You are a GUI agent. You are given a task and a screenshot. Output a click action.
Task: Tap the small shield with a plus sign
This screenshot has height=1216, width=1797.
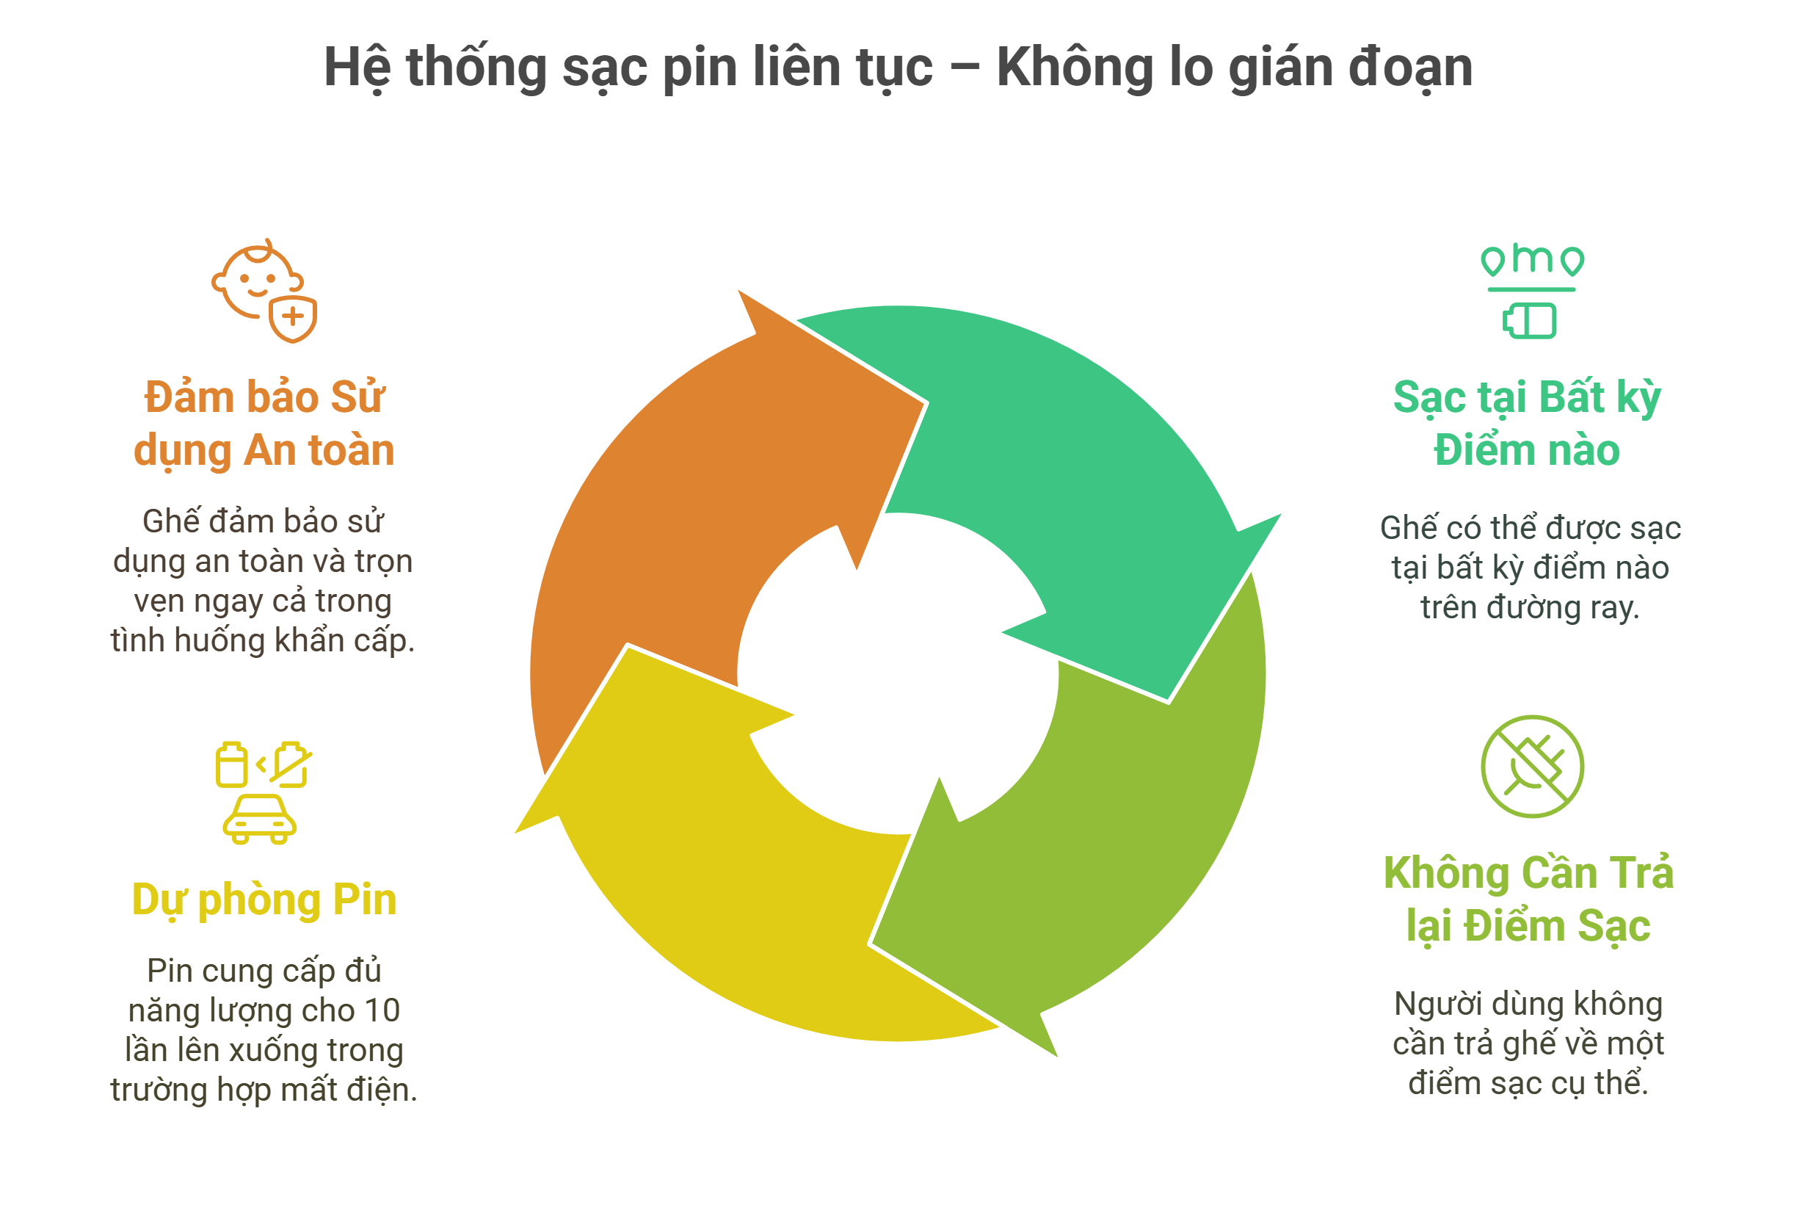tap(293, 317)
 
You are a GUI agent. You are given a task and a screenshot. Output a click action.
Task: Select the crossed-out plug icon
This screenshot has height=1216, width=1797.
tap(1532, 766)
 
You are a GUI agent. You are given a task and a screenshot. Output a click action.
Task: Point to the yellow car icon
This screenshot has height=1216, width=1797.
tap(259, 820)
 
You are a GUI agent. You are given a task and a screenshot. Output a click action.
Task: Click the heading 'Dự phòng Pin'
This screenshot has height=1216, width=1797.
tap(264, 900)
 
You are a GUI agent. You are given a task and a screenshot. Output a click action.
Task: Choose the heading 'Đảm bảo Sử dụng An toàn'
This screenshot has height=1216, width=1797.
tap(264, 423)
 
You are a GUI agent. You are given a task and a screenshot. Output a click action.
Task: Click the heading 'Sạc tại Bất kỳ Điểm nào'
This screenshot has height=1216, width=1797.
tap(1526, 423)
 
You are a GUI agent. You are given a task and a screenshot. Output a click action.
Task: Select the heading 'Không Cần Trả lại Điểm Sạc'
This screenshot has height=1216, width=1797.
tap(1528, 899)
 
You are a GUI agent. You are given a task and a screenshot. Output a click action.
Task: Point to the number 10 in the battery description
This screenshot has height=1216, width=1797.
tap(382, 1010)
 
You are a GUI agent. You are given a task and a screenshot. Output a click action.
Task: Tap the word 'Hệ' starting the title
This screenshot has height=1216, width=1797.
tap(357, 68)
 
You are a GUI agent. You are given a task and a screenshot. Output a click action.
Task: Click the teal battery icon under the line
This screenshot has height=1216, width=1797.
tap(1531, 320)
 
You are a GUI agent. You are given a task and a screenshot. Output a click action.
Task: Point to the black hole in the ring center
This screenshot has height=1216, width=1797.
tap(897, 673)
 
